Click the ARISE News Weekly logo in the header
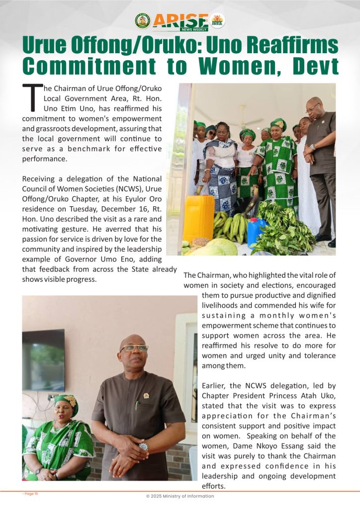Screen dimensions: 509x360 [180, 21]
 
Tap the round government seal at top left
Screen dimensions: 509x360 [142, 21]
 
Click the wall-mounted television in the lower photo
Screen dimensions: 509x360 [43, 352]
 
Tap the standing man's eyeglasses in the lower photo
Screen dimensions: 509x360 [133, 348]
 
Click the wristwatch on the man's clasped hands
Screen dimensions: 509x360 [144, 446]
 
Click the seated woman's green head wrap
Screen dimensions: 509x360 [67, 402]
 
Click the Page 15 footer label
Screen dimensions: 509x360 [30, 494]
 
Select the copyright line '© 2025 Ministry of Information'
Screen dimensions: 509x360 [180, 496]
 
